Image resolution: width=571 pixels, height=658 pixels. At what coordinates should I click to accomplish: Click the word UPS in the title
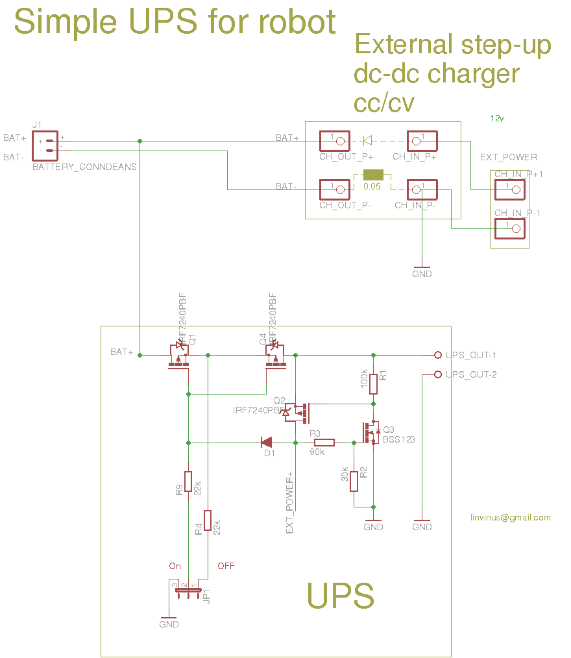[158, 21]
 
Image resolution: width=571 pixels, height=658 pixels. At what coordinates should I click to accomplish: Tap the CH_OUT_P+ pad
[334, 140]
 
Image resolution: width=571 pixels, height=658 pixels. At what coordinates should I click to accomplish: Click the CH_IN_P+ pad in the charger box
[422, 140]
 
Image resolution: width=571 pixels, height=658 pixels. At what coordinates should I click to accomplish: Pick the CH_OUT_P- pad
[334, 189]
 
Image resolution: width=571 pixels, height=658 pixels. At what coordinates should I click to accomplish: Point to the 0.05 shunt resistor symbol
[373, 175]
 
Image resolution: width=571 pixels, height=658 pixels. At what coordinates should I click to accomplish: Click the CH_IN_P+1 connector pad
[509, 189]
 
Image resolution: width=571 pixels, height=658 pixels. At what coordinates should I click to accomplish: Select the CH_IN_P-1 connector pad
[509, 228]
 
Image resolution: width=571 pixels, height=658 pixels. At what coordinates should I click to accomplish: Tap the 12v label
[498, 119]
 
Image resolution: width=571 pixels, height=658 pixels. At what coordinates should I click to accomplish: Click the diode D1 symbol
[267, 443]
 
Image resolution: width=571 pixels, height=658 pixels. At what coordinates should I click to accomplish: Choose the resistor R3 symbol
[324, 443]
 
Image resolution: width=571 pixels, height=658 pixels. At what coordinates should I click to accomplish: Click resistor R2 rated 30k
[354, 481]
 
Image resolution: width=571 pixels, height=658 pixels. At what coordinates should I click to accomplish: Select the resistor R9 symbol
[188, 481]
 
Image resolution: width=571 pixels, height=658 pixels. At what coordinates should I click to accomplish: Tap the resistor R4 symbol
[208, 520]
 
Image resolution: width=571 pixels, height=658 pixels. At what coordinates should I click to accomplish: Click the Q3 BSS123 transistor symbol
[371, 433]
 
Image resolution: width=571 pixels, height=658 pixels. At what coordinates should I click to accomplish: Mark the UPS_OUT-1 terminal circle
[437, 355]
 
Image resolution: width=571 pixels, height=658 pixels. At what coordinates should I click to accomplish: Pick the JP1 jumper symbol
[185, 590]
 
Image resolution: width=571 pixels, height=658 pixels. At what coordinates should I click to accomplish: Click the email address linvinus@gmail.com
[511, 517]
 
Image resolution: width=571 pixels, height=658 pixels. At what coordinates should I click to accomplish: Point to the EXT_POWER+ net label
[290, 504]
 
